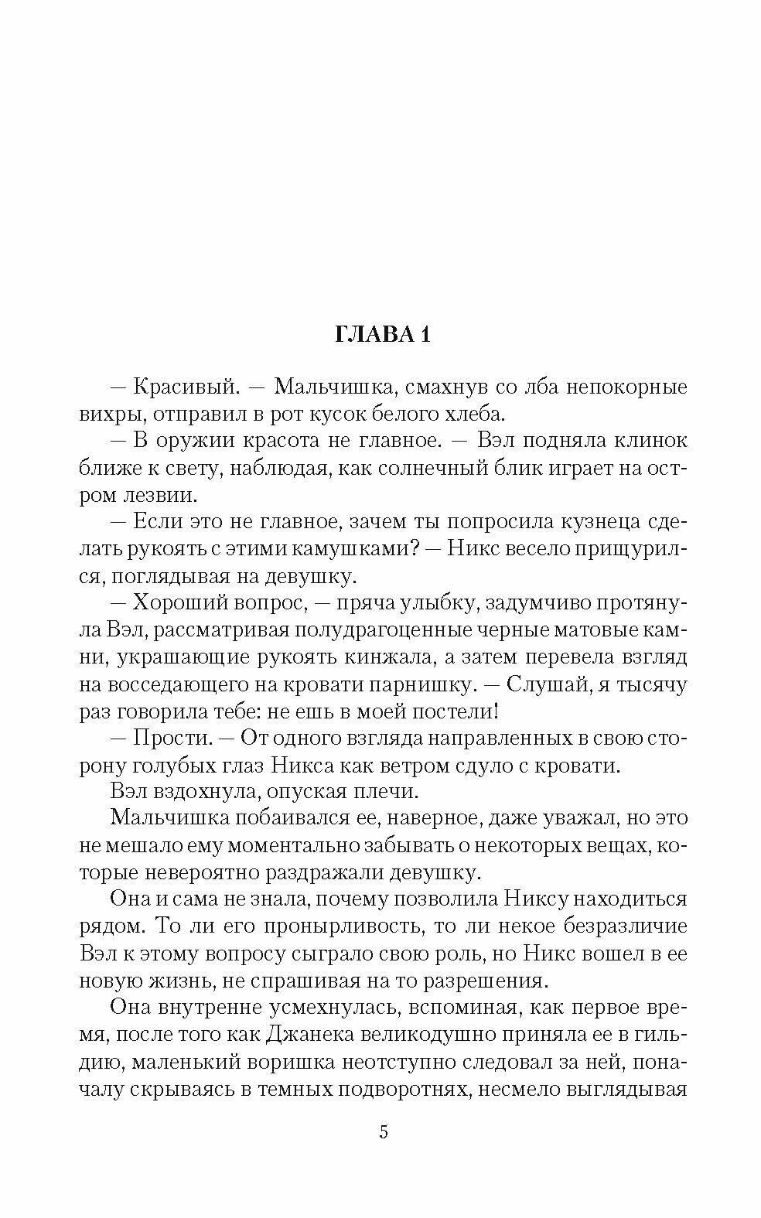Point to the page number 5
(x=383, y=1134)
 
